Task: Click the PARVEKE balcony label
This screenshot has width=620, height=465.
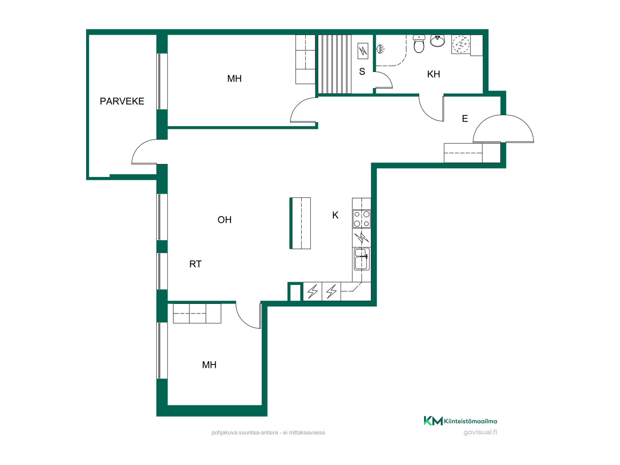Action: (122, 101)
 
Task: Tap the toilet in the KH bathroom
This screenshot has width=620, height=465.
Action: (419, 44)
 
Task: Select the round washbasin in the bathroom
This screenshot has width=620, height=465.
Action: (438, 41)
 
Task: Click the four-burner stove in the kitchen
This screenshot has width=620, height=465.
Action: (362, 219)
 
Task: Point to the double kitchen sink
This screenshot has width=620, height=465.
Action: (361, 259)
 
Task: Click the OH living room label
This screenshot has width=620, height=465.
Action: (224, 220)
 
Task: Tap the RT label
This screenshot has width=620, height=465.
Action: (195, 264)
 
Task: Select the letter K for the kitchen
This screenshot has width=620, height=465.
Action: (335, 215)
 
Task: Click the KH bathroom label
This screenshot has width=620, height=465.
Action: (433, 74)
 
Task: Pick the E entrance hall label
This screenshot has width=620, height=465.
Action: (465, 119)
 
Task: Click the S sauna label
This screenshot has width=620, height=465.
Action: (362, 72)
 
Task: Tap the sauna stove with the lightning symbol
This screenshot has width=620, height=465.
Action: (363, 51)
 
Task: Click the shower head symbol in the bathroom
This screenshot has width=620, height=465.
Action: (380, 49)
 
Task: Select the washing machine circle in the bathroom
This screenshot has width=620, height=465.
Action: (461, 44)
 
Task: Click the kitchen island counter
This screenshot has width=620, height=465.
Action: (300, 223)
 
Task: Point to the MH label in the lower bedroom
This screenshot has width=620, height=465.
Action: (209, 365)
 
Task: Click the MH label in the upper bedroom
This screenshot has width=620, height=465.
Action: (234, 78)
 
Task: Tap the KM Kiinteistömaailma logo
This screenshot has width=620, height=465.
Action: (460, 421)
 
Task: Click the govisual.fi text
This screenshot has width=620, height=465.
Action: (480, 432)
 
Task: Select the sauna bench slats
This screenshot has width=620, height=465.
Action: (335, 64)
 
